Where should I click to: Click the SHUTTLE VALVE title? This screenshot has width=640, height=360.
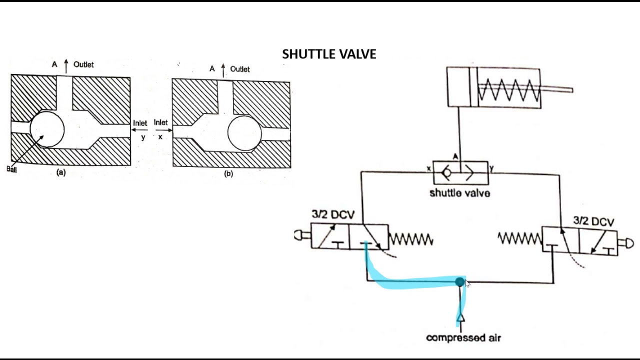tap(329, 54)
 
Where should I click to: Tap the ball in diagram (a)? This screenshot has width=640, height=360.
tap(47, 129)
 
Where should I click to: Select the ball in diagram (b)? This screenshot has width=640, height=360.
tap(244, 133)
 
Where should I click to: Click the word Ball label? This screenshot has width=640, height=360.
tap(11, 169)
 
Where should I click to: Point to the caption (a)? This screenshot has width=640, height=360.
tap(61, 172)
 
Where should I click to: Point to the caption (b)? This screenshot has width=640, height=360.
tap(228, 174)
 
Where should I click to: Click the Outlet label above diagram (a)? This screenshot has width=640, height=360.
tap(83, 64)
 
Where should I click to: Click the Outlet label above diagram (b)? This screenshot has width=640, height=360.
tap(240, 69)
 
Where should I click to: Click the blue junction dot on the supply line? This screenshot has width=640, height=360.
tap(459, 282)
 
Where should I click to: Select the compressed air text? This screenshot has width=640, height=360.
tap(463, 337)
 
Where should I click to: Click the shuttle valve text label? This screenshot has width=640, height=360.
tap(459, 193)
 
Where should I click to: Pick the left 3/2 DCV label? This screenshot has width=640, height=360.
tap(333, 214)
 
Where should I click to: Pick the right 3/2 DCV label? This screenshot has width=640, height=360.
tap(593, 221)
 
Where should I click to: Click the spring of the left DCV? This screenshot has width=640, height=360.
tap(410, 239)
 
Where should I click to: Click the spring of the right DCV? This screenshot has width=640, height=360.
tap(520, 239)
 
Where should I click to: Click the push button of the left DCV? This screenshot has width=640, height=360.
tap(301, 235)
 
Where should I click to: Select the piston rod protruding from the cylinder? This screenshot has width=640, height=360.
tap(556, 89)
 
